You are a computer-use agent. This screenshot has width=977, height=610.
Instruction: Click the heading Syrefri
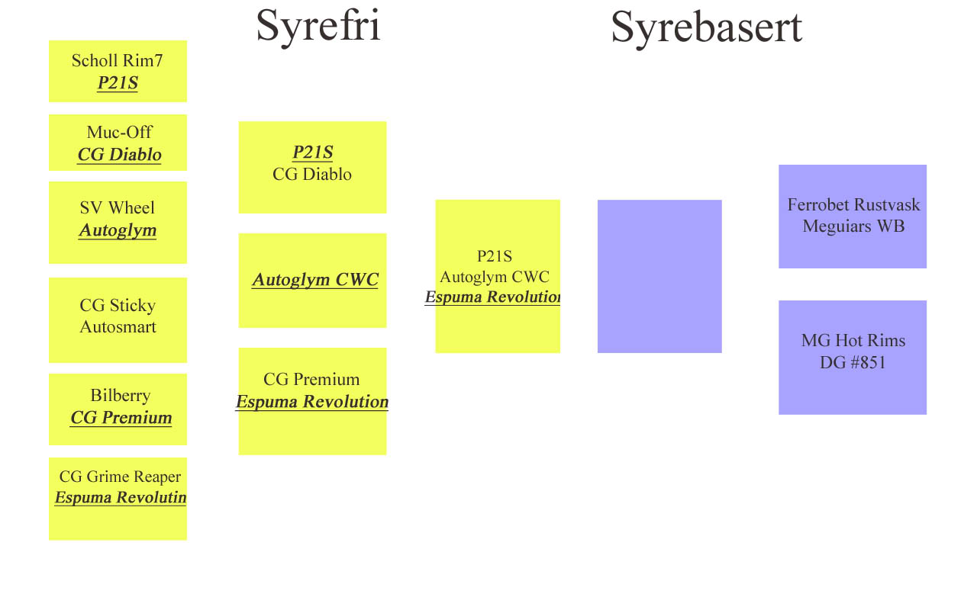click(318, 27)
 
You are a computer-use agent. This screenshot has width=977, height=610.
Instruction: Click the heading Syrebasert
click(707, 28)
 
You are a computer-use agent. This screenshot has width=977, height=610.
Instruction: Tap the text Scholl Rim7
click(118, 60)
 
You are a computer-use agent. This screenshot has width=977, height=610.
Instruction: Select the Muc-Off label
click(120, 132)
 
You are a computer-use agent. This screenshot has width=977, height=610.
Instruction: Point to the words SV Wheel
click(118, 207)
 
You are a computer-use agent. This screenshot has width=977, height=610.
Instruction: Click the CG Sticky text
click(118, 306)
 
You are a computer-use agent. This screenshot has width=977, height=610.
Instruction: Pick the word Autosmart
click(118, 327)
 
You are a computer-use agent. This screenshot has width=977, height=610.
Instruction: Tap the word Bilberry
click(121, 396)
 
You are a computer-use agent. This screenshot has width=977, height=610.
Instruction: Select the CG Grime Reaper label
click(120, 477)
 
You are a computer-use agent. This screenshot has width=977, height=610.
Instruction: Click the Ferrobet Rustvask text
click(853, 205)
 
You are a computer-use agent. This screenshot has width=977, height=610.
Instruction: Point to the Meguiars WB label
click(853, 226)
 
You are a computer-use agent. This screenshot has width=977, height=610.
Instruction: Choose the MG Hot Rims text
click(853, 340)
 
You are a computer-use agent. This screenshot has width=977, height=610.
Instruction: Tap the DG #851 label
click(853, 362)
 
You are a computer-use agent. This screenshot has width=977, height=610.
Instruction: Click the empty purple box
click(659, 276)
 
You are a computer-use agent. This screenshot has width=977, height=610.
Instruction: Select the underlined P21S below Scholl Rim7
click(118, 83)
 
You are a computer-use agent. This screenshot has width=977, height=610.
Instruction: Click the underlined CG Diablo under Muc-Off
click(120, 155)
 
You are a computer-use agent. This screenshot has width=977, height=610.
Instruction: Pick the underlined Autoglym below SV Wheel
click(118, 230)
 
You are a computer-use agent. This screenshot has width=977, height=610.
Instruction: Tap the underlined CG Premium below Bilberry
click(121, 418)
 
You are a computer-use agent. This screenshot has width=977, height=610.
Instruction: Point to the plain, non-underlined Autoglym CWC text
click(495, 277)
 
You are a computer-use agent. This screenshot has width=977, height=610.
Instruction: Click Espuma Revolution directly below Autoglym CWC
click(492, 297)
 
